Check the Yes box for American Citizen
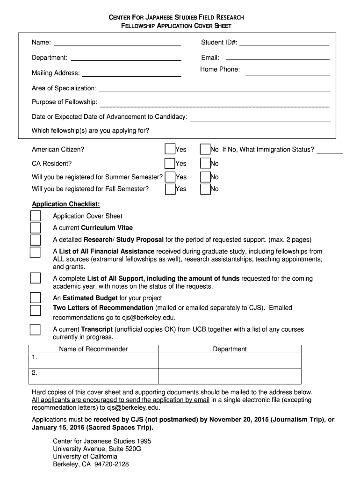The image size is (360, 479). tap(170, 149)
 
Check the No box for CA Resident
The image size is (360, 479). tap(205, 163)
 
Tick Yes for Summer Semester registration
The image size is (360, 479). tap(170, 177)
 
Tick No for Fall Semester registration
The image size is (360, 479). tap(205, 189)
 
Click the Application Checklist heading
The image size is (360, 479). tap(65, 204)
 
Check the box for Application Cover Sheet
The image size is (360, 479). tap(36, 216)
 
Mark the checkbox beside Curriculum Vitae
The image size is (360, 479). tap(36, 228)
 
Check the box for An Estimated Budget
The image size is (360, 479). tap(36, 298)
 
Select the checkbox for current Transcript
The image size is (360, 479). tap(36, 330)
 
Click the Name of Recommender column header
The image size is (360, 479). tap(94, 349)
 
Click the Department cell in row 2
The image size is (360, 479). tap(230, 376)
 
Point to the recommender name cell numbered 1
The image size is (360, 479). tap(94, 360)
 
